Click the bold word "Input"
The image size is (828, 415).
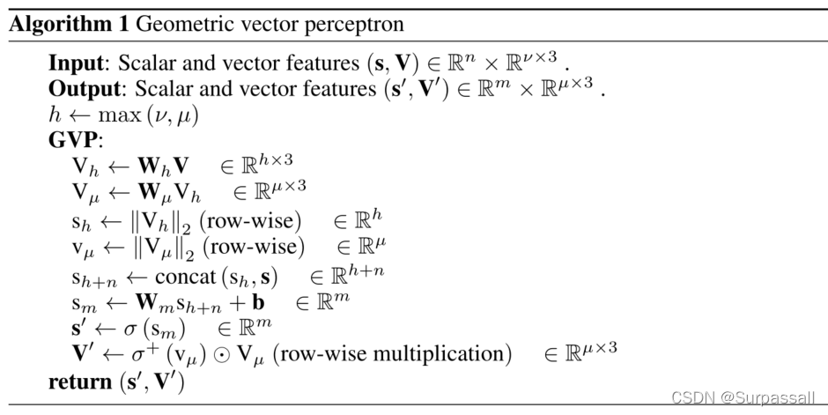click(75, 64)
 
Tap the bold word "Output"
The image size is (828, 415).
click(82, 89)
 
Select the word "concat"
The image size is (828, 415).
click(184, 277)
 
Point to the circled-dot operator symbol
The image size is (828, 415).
click(225, 355)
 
